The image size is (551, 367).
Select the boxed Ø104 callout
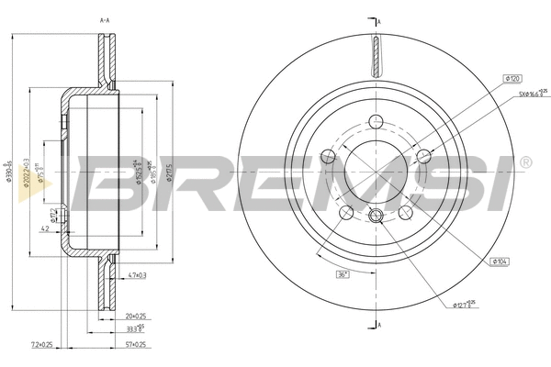point(500,262)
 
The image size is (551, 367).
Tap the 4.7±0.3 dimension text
point(139,274)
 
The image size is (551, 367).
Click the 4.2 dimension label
point(44,229)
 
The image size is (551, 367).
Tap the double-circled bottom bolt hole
point(375,217)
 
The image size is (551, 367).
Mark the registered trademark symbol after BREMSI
point(524,162)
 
